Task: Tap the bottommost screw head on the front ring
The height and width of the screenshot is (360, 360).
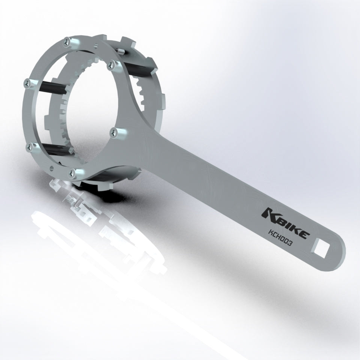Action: pos(72,172)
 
